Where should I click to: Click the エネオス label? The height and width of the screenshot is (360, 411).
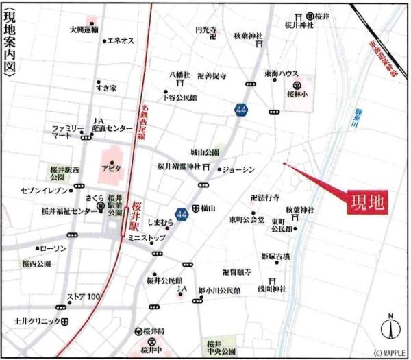(121, 41)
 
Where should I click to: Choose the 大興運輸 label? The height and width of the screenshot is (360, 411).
(84, 29)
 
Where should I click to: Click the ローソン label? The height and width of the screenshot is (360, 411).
(53, 248)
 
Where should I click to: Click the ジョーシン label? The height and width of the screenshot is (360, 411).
(239, 169)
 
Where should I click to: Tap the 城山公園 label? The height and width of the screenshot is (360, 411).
(205, 152)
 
